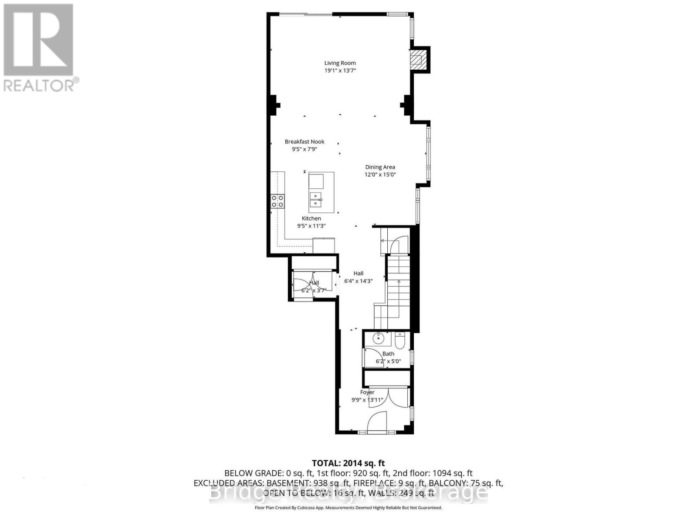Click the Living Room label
tap(340, 63)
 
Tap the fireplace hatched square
tap(419, 59)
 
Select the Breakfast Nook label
tap(305, 141)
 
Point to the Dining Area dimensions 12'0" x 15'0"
tap(380, 174)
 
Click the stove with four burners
tap(277, 201)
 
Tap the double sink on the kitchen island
tap(316, 200)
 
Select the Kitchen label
tap(311, 218)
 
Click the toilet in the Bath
tap(400, 339)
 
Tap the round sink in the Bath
tap(378, 338)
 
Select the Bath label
tap(388, 354)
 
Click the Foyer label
tap(367, 392)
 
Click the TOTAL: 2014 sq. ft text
tap(348, 463)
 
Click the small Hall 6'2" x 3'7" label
tap(314, 286)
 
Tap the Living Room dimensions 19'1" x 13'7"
tap(340, 70)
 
